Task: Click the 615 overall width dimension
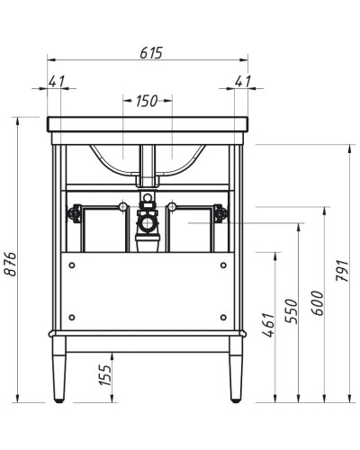(x=149, y=53)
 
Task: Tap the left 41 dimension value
(x=58, y=81)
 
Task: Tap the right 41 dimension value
(x=240, y=81)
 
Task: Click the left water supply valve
(x=76, y=214)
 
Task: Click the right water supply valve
(x=220, y=214)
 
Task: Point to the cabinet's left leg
(x=59, y=371)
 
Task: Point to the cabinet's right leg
(x=236, y=371)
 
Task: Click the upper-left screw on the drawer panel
(x=71, y=265)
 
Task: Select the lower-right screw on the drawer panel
(x=224, y=317)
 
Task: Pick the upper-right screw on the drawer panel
(x=224, y=265)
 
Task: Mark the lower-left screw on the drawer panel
(x=71, y=317)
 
